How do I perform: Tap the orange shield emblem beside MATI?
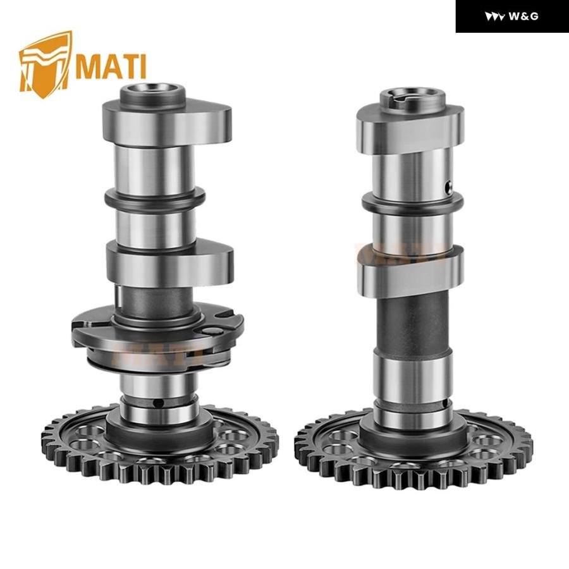pos(45,64)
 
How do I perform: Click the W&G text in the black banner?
pos(523,16)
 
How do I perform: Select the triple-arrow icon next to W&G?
pos(494,16)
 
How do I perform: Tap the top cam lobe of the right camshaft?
pos(410,127)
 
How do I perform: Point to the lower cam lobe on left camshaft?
pos(169,264)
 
